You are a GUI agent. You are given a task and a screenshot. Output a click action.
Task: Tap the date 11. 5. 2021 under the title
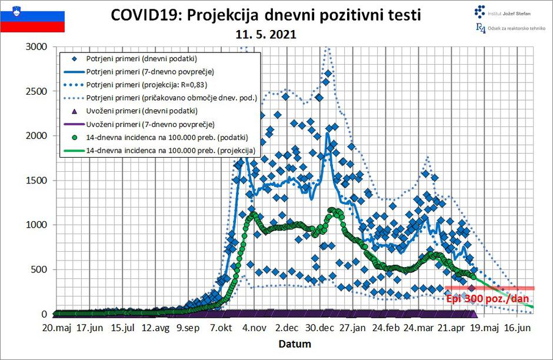pyautogui.click(x=266, y=35)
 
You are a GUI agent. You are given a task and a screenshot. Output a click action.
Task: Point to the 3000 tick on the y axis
pyautogui.click(x=37, y=46)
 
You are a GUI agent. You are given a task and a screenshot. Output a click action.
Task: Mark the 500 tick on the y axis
pyautogui.click(x=40, y=269)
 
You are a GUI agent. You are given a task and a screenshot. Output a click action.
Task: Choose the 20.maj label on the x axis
pyautogui.click(x=56, y=327)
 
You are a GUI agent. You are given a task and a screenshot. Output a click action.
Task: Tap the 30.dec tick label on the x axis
pyautogui.click(x=321, y=327)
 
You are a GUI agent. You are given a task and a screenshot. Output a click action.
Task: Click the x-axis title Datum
pyautogui.click(x=295, y=344)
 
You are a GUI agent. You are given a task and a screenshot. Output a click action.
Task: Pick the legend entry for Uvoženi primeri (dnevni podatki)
pyautogui.click(x=141, y=111)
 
